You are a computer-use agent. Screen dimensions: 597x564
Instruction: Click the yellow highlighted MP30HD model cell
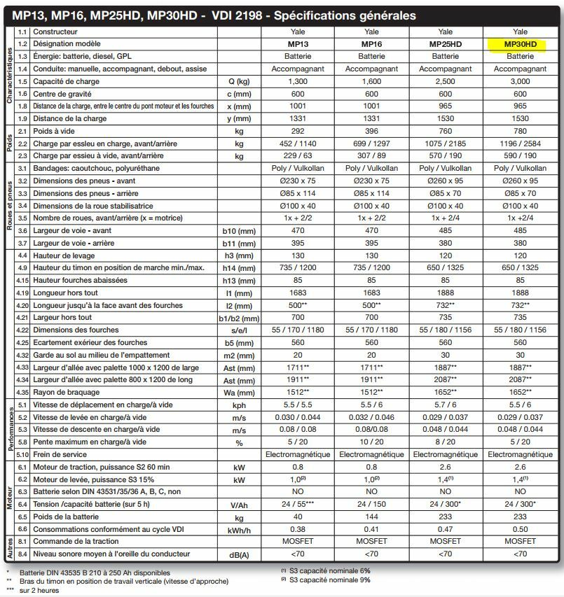(x=520, y=44)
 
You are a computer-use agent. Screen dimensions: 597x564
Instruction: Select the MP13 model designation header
(x=298, y=44)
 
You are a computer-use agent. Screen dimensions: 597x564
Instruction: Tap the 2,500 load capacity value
(x=445, y=81)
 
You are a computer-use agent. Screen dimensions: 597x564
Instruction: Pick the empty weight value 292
(x=298, y=131)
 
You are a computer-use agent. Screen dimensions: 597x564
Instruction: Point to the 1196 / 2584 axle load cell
(x=520, y=143)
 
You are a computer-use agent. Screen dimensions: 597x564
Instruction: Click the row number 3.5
(x=22, y=218)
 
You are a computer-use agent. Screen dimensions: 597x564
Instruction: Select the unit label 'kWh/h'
(x=240, y=529)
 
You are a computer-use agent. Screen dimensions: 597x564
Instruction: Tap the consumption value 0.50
(x=520, y=529)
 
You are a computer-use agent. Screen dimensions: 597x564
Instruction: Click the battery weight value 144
(x=371, y=517)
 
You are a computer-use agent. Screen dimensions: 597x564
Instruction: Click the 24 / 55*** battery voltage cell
(x=298, y=505)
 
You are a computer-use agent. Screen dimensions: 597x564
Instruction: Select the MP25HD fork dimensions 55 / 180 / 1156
(x=445, y=330)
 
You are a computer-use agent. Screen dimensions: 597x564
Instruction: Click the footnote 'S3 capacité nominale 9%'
(x=329, y=580)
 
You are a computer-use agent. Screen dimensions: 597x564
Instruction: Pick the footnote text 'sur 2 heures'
(x=40, y=590)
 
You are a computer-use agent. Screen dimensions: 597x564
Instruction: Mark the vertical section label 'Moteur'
(x=10, y=498)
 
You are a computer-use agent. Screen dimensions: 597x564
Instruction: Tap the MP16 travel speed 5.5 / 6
(x=371, y=405)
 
